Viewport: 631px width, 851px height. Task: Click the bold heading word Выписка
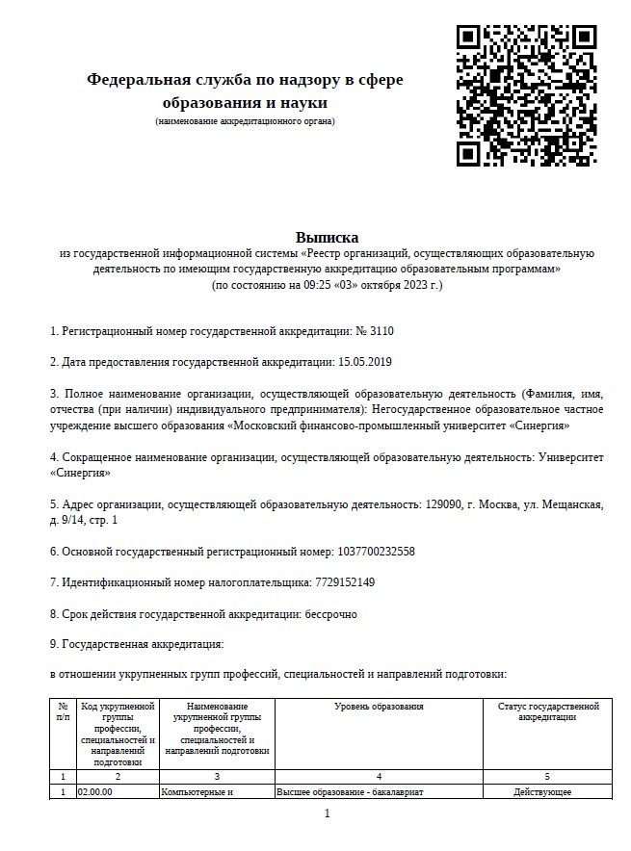coord(327,237)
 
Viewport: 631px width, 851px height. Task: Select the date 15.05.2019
coord(366,362)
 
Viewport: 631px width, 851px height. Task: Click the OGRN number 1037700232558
coord(377,552)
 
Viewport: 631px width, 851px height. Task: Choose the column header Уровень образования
coord(379,708)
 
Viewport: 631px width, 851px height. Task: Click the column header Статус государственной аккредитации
coord(546,712)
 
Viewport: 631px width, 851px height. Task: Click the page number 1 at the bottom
coord(328,814)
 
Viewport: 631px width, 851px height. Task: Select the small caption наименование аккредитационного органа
coord(245,121)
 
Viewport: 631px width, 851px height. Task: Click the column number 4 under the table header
coord(379,776)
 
